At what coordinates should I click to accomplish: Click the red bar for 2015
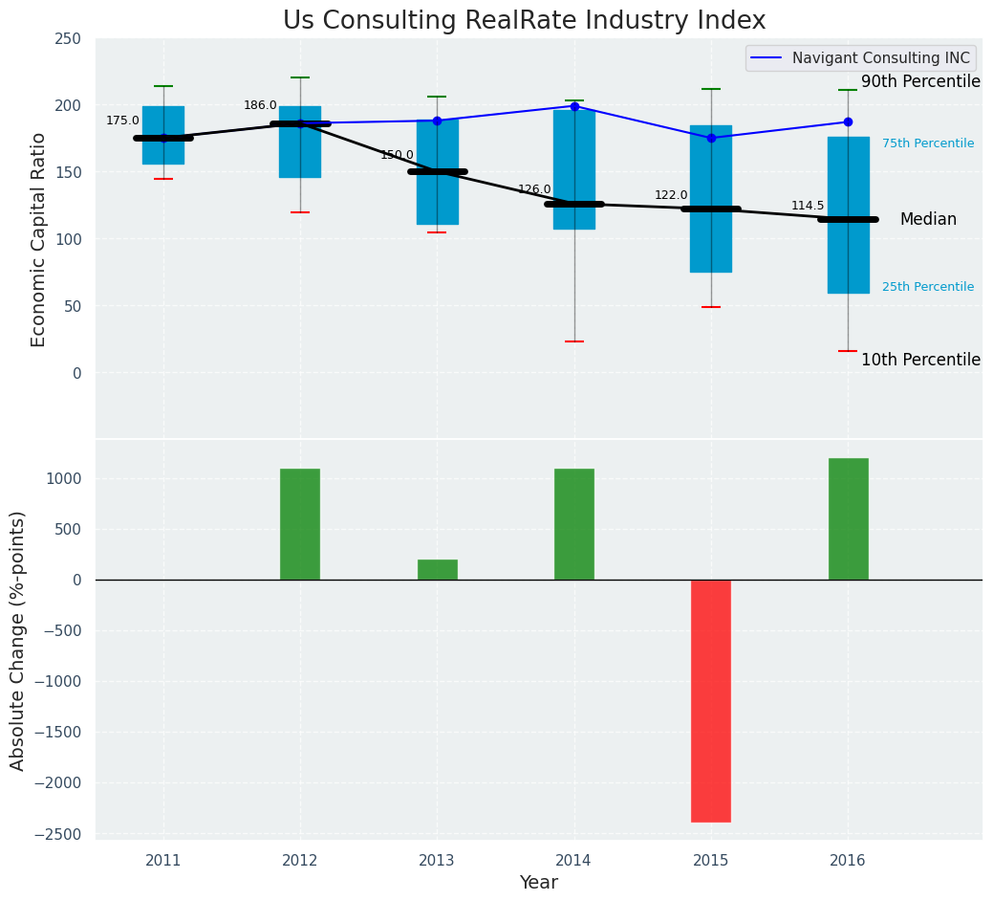pyautogui.click(x=711, y=700)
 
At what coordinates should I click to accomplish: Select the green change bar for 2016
pyautogui.click(x=848, y=518)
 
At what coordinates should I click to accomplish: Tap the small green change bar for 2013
pyautogui.click(x=437, y=569)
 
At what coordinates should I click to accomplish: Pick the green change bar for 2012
pyautogui.click(x=300, y=523)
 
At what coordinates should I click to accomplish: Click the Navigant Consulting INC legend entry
pyautogui.click(x=860, y=58)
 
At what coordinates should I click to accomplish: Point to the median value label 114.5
pyautogui.click(x=808, y=207)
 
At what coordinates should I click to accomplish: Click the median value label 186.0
pyautogui.click(x=260, y=106)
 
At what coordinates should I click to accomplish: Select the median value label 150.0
pyautogui.click(x=397, y=155)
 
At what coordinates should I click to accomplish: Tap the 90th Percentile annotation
pyautogui.click(x=920, y=82)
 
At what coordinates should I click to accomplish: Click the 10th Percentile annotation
pyautogui.click(x=920, y=361)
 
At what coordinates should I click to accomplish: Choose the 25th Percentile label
pyautogui.click(x=927, y=287)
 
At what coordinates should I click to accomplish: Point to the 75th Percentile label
pyautogui.click(x=927, y=143)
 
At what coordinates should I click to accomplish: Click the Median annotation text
pyautogui.click(x=927, y=220)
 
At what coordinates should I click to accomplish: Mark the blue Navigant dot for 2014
pyautogui.click(x=574, y=106)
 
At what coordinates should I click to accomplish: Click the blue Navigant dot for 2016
pyautogui.click(x=848, y=122)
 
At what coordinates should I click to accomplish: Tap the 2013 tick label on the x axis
pyautogui.click(x=437, y=861)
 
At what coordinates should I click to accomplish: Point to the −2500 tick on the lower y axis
pyautogui.click(x=59, y=834)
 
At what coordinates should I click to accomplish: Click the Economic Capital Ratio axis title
pyautogui.click(x=39, y=239)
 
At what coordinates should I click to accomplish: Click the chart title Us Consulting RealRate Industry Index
pyautogui.click(x=524, y=21)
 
